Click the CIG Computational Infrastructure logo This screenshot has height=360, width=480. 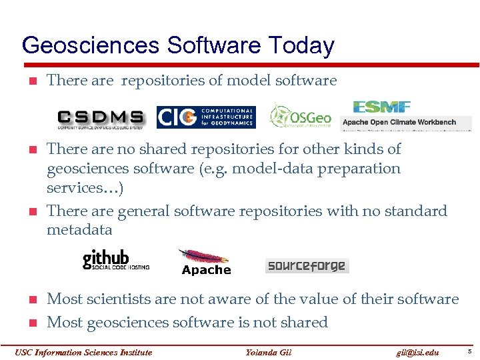coord(205,117)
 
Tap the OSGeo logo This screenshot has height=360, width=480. coord(300,116)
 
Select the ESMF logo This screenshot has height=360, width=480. coord(381,107)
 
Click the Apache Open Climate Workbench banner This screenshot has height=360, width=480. coord(405,123)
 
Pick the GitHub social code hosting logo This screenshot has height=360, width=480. coord(115,259)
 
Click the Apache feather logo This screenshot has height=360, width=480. coord(205,261)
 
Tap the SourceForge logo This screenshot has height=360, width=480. coord(307,266)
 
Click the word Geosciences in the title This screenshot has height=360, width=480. coord(91,46)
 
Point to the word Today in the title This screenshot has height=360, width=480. coord(301,46)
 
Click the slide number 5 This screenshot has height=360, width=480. coord(469,351)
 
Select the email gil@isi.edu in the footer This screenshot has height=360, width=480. coord(417,352)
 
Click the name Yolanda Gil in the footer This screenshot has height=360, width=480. coord(269,352)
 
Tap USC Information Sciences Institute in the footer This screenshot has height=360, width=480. coord(83,352)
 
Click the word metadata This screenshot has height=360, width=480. coord(79,230)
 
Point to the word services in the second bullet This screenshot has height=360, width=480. coord(73,187)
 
